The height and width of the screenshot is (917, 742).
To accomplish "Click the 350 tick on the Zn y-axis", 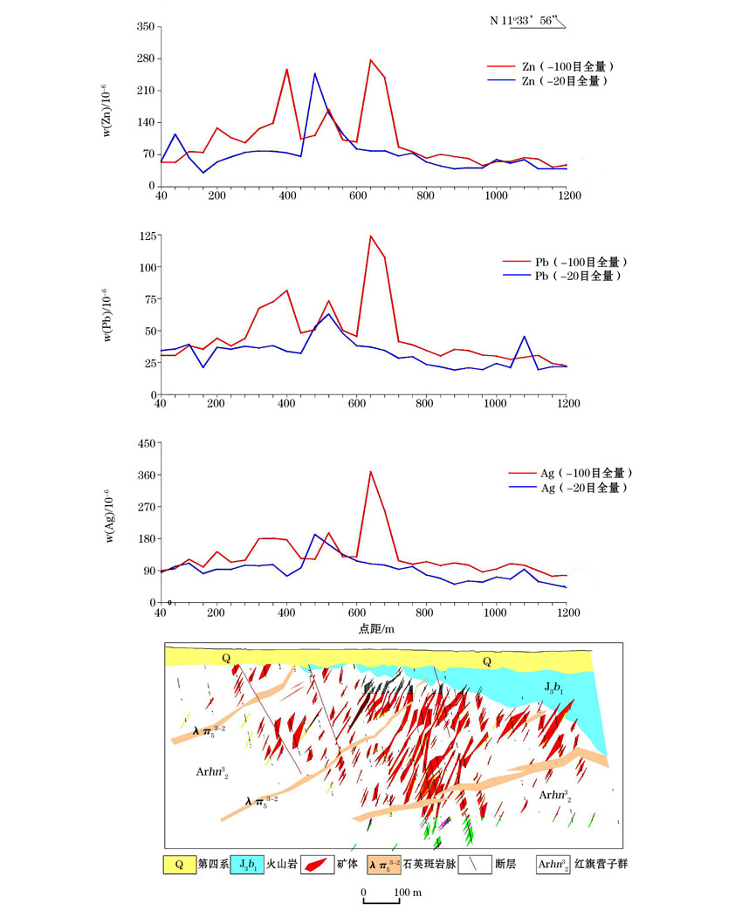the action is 146,26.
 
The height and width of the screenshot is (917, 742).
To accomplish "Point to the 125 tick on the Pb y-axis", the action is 148,236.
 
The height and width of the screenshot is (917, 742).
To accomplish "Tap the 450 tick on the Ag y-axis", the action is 147,443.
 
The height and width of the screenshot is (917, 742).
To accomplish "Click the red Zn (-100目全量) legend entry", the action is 550,66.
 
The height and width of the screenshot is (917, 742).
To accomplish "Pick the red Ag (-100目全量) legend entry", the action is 570,473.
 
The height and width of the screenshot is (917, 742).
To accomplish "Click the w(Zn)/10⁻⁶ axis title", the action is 106,111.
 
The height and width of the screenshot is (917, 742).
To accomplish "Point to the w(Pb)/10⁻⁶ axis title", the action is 106,315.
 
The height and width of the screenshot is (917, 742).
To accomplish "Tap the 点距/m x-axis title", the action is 376,629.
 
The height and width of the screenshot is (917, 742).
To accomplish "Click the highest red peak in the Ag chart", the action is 370,471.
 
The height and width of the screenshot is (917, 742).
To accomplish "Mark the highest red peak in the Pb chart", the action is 370,236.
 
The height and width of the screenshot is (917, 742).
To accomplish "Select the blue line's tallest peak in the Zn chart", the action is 314,73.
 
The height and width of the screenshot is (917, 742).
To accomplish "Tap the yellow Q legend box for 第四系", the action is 179,865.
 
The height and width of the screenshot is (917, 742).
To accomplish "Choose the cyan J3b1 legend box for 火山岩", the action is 247,865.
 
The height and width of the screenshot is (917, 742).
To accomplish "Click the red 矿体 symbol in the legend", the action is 317,865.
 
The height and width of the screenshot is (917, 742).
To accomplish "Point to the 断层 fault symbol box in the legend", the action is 475,865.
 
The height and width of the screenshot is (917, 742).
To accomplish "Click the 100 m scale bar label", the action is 408,893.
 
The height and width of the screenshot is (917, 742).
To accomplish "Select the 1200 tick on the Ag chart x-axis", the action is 568,612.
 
